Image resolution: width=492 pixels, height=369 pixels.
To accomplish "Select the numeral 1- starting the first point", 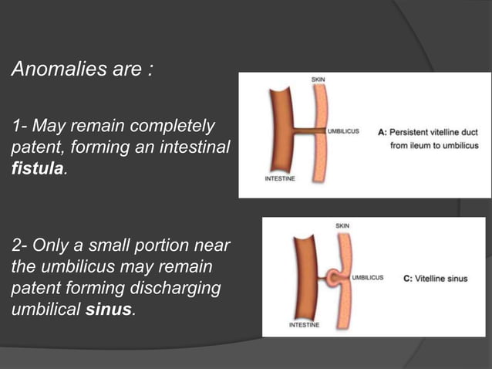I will pyautogui.click(x=19, y=126).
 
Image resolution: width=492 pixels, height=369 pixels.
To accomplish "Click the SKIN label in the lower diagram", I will pyautogui.click(x=342, y=225).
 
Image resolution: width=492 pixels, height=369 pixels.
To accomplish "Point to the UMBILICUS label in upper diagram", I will pyautogui.click(x=344, y=132).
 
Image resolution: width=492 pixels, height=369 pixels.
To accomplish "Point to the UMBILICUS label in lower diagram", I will pyautogui.click(x=368, y=278).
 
